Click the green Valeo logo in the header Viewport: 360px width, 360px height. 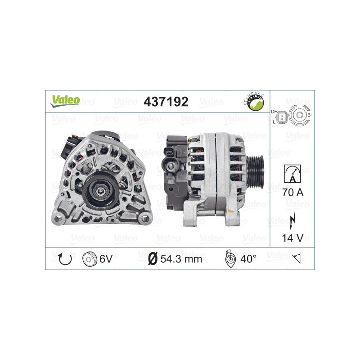(65, 100)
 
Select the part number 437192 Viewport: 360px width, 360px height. (166, 102)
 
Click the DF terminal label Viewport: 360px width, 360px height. (274, 111)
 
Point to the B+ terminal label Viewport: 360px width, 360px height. (310, 116)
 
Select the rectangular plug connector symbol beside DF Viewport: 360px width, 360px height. (282, 117)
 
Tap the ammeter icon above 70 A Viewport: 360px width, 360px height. (292, 173)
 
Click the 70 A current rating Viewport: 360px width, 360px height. (292, 193)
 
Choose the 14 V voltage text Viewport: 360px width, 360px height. (292, 238)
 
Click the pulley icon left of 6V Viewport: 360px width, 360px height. (90, 259)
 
